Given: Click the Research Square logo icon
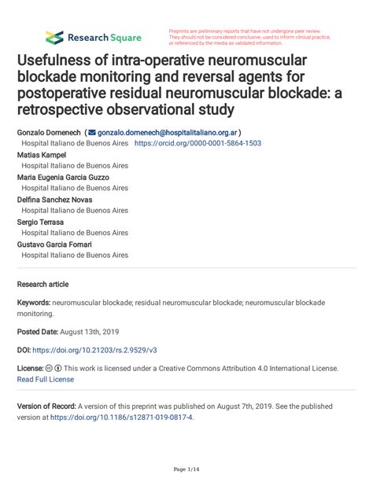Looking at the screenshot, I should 54,37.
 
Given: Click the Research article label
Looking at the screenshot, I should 43,284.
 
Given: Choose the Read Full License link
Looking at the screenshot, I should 46,378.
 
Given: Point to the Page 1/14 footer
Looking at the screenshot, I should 186,469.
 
